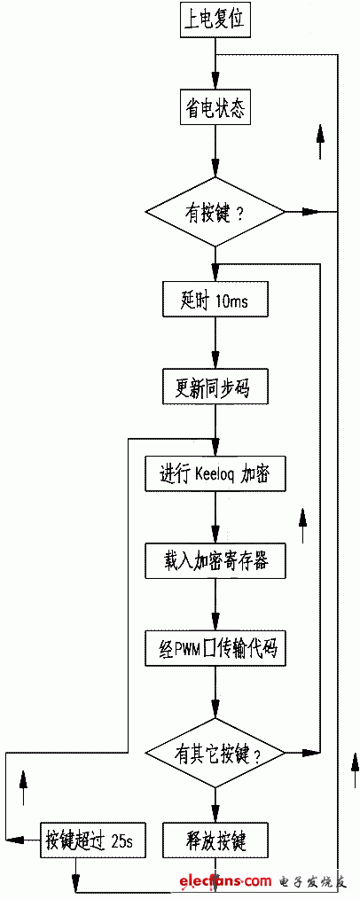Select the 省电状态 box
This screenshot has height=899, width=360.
pos(215,108)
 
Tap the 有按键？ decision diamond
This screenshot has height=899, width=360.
pos(215,214)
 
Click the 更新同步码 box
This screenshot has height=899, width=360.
pos(215,388)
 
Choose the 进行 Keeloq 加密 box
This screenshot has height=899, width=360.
pos(215,474)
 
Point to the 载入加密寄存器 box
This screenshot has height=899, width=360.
pos(215,560)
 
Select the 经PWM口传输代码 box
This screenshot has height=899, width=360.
pos(215,650)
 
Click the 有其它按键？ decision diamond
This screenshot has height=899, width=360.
pos(215,752)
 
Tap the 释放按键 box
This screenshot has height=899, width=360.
pos(215,841)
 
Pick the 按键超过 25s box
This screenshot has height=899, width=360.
pos(90,841)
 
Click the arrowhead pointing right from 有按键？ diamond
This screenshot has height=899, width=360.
pos(310,212)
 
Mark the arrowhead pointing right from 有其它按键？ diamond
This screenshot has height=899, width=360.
pos(310,751)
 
